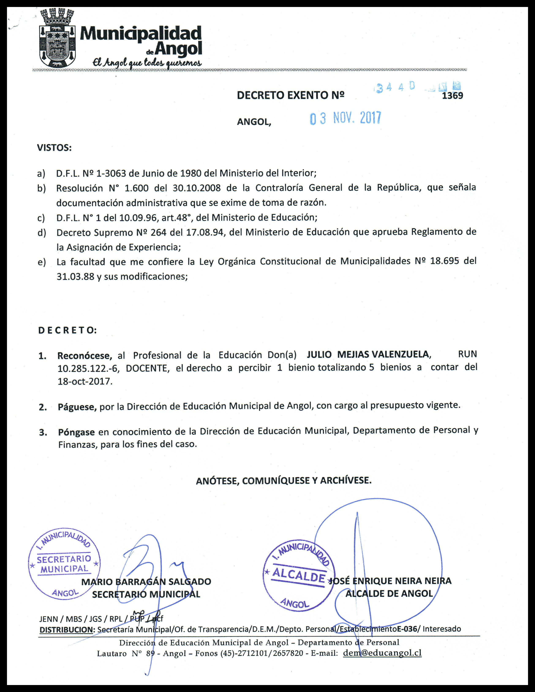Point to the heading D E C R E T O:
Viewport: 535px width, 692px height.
coord(67,330)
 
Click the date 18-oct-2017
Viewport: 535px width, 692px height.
coord(85,381)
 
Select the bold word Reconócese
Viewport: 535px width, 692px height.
coord(84,355)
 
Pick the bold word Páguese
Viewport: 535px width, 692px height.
coord(77,407)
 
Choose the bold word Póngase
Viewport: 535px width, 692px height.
coord(76,432)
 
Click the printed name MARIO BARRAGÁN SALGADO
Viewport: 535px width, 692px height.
coord(146,581)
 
